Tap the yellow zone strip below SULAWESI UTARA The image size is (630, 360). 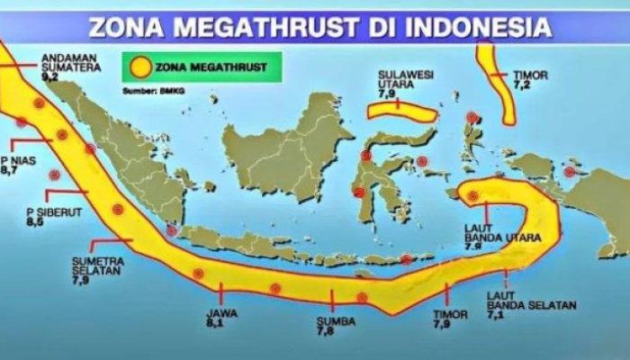402,111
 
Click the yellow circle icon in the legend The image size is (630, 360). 141,67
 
